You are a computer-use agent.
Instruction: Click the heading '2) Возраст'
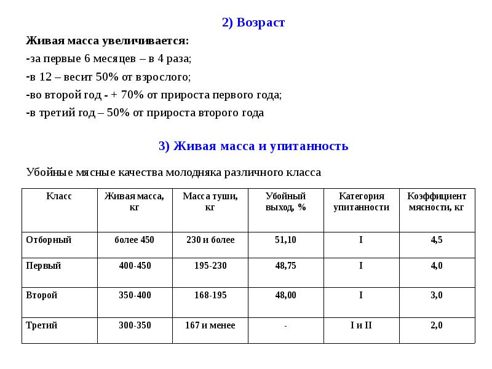[253, 23]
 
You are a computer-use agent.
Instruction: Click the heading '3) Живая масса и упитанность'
[253, 146]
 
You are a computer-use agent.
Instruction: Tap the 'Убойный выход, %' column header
[285, 202]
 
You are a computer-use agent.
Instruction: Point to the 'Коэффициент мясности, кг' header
[437, 202]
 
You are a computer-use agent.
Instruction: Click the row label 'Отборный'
[49, 240]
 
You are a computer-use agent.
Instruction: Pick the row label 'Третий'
[42, 325]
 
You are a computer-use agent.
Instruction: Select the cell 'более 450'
[135, 240]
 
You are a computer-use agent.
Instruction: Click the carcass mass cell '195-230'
[210, 266]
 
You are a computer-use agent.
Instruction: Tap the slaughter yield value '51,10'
[285, 240]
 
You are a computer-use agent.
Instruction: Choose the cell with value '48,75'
[285, 266]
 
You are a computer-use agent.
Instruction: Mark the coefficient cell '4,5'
[437, 240]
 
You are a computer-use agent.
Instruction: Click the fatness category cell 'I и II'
[361, 325]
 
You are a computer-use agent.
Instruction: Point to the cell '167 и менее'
[210, 325]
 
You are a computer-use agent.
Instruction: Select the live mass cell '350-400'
[135, 295]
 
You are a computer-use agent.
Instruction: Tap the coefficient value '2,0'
[437, 325]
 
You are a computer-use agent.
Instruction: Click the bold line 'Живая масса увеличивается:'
[108, 41]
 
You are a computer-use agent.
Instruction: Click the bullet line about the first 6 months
[109, 59]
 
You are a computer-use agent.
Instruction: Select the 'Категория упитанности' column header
[361, 202]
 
